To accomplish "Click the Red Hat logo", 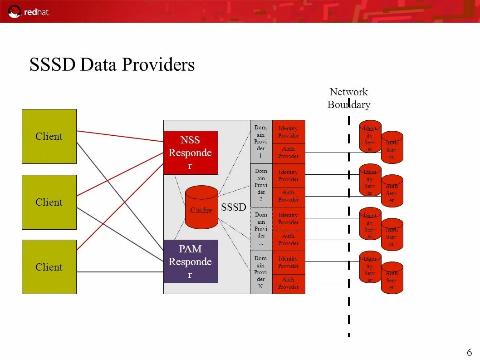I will pos(28,11).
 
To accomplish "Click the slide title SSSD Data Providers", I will pos(112,64).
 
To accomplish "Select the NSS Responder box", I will pos(191,153).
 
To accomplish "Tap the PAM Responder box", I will pos(191,261).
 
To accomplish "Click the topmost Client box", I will pos(49,136).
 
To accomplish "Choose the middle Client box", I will pos(49,202).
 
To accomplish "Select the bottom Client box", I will pos(49,267).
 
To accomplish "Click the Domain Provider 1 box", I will pos(261,142).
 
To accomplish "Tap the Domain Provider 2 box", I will pos(261,185).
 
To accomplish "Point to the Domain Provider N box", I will pos(261,272).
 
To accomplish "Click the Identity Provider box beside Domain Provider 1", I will pos(289,132).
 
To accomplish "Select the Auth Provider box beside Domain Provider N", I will pos(289,283).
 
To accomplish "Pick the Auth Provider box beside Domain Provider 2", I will pos(289,196).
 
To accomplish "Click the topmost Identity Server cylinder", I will pos(370,136).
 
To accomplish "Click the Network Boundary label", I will pos(349,99).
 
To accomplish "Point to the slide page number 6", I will pos(469,352).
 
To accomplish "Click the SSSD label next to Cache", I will pos(234,207).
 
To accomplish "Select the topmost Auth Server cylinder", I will pos(392,148).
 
